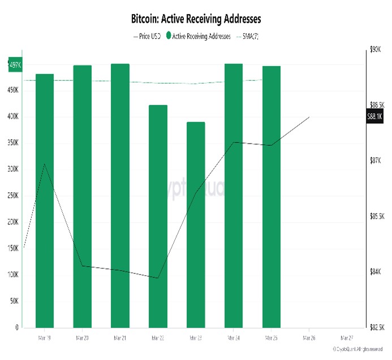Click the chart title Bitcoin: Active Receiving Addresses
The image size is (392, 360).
[196, 19]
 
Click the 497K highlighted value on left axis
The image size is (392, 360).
[15, 65]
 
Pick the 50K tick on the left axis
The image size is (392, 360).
[14, 301]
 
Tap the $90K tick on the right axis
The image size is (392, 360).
[376, 50]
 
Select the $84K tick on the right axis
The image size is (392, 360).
[376, 272]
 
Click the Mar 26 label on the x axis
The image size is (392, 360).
[309, 337]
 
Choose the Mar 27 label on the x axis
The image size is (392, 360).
[347, 337]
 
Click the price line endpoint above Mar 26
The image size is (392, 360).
[309, 117]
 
